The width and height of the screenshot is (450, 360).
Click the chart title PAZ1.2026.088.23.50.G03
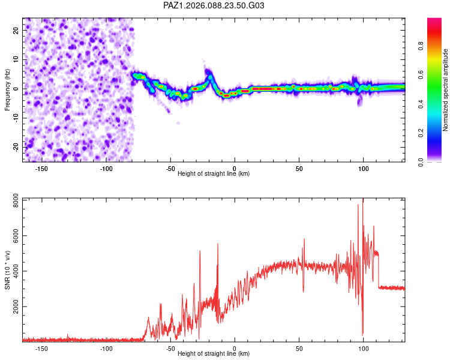(x=214, y=5)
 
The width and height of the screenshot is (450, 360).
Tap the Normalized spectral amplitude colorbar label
(x=445, y=90)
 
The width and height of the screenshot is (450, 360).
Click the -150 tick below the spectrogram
(x=42, y=168)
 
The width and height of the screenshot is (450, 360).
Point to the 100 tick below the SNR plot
(x=363, y=348)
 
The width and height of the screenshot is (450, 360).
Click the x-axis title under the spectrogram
(x=214, y=173)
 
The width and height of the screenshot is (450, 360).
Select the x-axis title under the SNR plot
(x=214, y=353)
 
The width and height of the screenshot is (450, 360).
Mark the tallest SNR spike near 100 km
(x=362, y=200)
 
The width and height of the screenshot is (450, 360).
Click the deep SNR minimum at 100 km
(x=362, y=334)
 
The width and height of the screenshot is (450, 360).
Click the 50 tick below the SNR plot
(x=299, y=348)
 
